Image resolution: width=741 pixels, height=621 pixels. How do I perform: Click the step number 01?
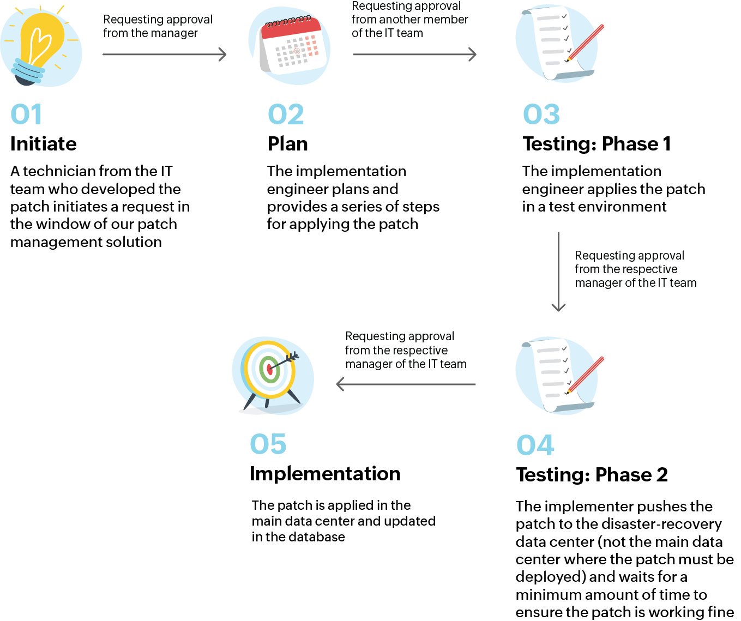coord(26,114)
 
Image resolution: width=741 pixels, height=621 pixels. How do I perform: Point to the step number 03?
coord(541,114)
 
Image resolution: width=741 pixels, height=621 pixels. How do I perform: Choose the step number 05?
coord(268,444)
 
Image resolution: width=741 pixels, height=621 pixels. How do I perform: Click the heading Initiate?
coord(44,144)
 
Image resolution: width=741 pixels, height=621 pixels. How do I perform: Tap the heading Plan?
coord(288,144)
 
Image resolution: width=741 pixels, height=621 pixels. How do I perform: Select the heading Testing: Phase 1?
coord(597,144)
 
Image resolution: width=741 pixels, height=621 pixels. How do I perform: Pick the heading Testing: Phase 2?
coord(592,475)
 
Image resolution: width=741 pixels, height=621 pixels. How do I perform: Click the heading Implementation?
coord(325,474)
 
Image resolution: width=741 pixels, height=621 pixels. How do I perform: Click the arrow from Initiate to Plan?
coord(164,55)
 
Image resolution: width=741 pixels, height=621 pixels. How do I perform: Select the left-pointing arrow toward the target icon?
coord(406,384)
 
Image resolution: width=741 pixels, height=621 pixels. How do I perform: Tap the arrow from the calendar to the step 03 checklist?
coord(415,55)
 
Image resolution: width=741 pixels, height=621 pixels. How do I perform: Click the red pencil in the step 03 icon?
coord(586,42)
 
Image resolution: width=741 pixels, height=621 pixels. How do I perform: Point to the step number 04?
coord(535,445)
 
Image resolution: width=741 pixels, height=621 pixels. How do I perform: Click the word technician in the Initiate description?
coord(59,171)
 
